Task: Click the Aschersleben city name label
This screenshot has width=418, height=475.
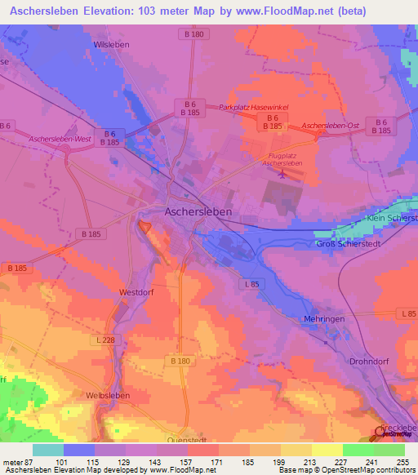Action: coord(198,211)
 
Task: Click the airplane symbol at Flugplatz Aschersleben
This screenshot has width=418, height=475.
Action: coord(282,173)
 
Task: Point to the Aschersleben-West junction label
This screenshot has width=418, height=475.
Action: coord(59,140)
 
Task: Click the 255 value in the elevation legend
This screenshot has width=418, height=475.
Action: coord(402,462)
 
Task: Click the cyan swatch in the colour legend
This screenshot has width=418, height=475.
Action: coord(48,449)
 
